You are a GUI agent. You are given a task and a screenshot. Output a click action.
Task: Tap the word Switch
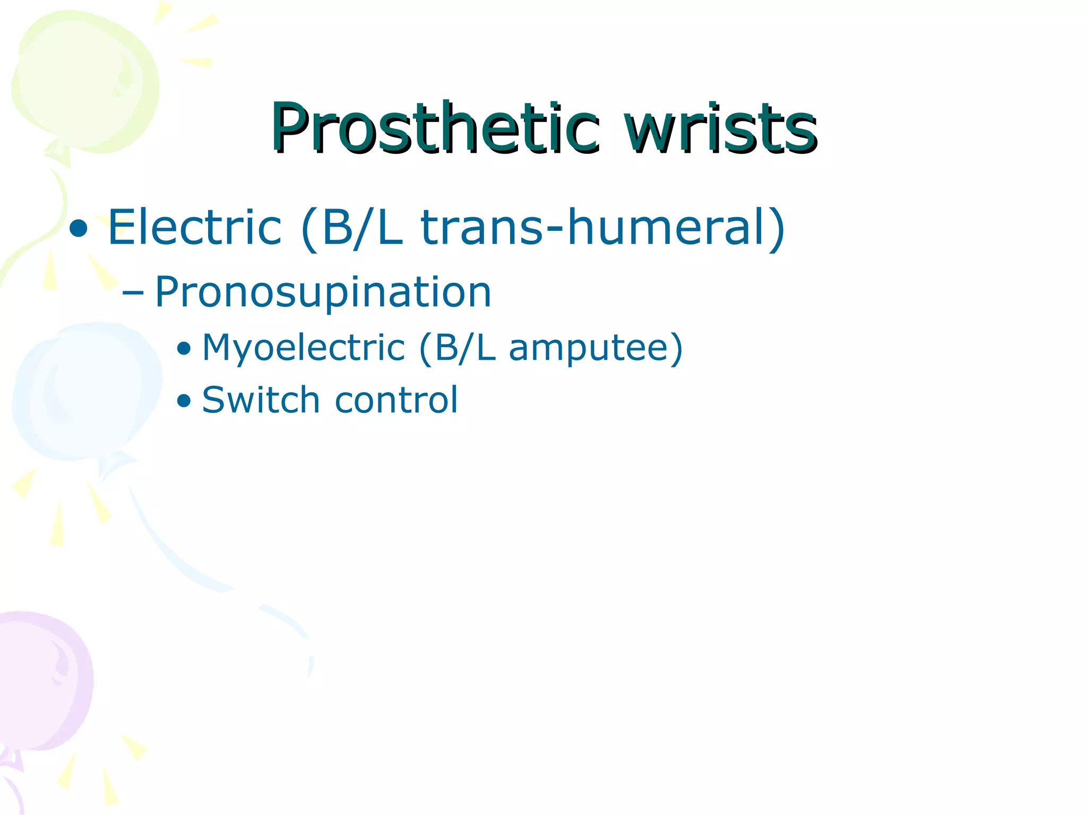[261, 400]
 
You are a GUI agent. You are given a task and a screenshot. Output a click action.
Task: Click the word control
[396, 400]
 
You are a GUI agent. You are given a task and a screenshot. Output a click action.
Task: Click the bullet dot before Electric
[79, 230]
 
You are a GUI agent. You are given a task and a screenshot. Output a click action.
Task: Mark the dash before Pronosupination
[132, 293]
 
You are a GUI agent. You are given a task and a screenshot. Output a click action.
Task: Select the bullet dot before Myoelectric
[184, 349]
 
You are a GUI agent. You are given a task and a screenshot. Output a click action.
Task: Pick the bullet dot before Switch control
[184, 401]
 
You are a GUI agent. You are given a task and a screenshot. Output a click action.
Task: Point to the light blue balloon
[85, 390]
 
